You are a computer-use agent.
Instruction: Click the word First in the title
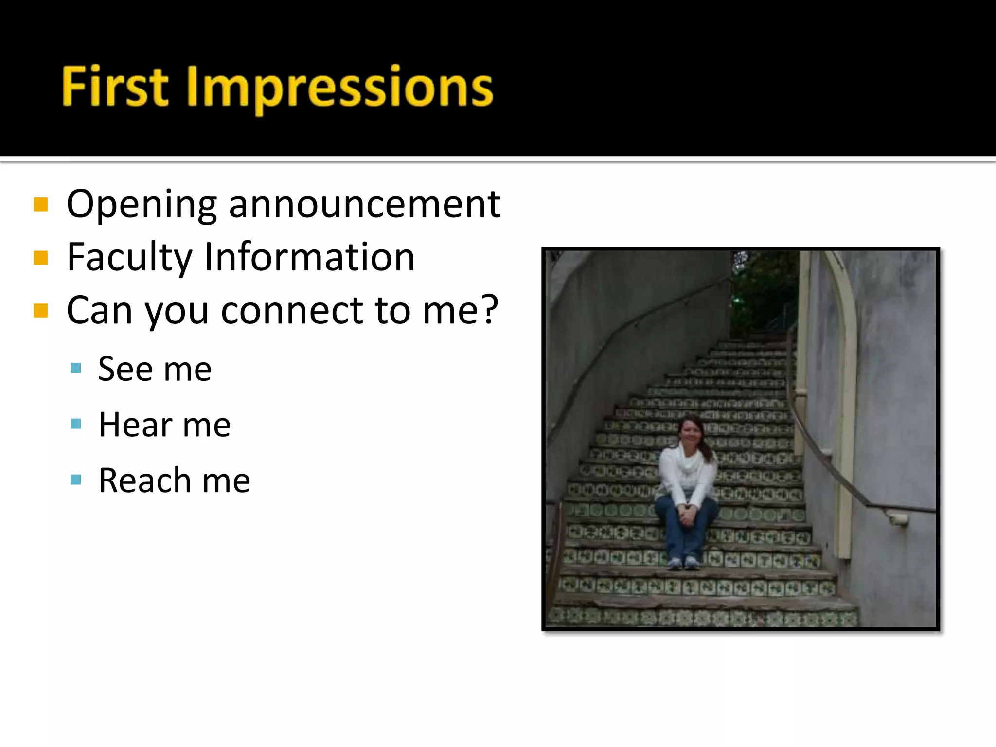point(115,87)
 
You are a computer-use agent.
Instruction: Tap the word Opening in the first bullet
point(141,205)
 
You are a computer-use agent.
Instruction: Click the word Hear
point(135,425)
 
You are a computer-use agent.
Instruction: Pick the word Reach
point(144,480)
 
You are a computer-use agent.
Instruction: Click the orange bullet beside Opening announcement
point(41,205)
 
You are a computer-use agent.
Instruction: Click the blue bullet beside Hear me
point(76,424)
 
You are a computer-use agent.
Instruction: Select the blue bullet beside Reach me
point(76,480)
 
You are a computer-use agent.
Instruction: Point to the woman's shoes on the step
point(683,563)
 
